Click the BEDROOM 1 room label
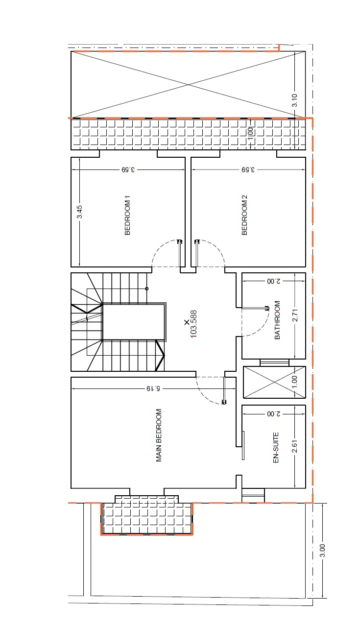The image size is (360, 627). click(127, 215)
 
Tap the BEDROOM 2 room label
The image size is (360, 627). click(244, 215)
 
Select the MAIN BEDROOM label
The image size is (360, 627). click(159, 435)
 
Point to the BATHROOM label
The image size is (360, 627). click(277, 320)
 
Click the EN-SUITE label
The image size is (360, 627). click(276, 448)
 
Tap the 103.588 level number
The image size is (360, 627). click(193, 324)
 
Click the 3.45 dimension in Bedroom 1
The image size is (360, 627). click(79, 212)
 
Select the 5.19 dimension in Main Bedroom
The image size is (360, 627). click(153, 388)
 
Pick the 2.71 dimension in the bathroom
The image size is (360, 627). click(295, 315)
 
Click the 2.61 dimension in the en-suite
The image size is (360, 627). click(294, 446)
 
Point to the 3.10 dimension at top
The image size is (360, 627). click(294, 100)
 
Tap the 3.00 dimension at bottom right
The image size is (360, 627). click(322, 550)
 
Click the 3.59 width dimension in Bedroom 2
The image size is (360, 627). click(248, 169)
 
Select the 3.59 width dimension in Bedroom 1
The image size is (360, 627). click(128, 169)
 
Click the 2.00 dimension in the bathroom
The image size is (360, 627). click(273, 281)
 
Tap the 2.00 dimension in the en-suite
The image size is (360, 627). click(273, 414)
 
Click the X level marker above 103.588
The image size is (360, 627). click(187, 322)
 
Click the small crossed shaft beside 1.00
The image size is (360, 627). click(274, 382)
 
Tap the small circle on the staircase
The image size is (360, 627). click(147, 289)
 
